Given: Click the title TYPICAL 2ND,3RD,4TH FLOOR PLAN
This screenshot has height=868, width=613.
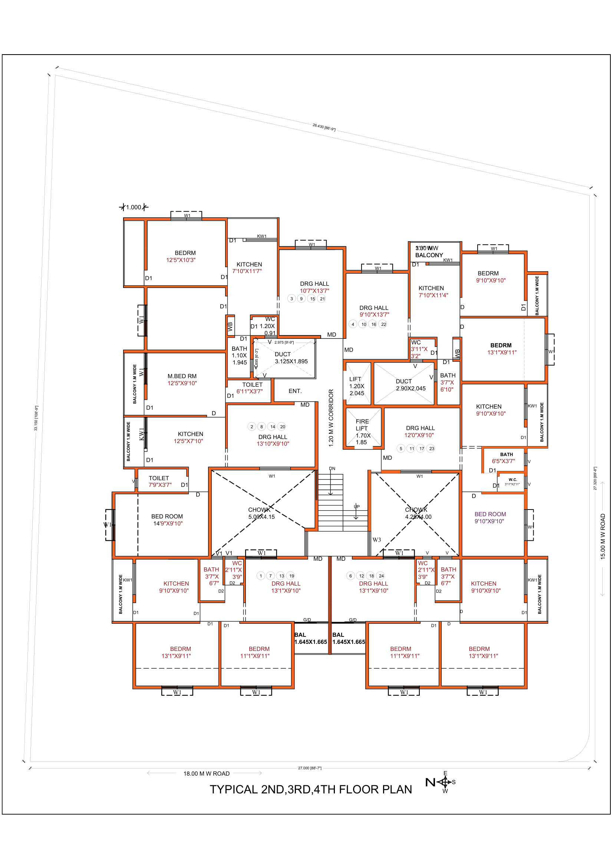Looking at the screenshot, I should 310,789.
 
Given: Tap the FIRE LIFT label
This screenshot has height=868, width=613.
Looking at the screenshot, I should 362,425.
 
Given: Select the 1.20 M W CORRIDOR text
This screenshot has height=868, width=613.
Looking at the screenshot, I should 331,418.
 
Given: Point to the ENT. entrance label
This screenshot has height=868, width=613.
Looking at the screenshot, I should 295,391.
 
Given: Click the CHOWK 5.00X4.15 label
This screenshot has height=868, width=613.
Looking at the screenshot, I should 261,513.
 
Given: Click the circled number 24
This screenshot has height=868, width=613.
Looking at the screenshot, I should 381,576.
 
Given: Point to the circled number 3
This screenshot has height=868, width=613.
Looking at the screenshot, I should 291,299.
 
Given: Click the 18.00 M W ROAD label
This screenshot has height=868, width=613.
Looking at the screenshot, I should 206,773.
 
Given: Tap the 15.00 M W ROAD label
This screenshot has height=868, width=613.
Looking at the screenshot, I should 603,536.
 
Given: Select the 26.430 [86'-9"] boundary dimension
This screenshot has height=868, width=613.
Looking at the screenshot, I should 324,127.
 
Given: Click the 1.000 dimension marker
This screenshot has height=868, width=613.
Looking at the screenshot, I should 134,207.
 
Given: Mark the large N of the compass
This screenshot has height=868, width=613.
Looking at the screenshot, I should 430,782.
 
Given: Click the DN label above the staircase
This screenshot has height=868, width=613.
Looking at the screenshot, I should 332,468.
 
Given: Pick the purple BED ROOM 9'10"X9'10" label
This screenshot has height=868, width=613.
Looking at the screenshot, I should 490,518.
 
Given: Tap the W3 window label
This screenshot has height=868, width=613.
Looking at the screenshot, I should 376,540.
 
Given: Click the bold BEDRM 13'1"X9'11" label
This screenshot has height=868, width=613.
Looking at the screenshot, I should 501,348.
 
